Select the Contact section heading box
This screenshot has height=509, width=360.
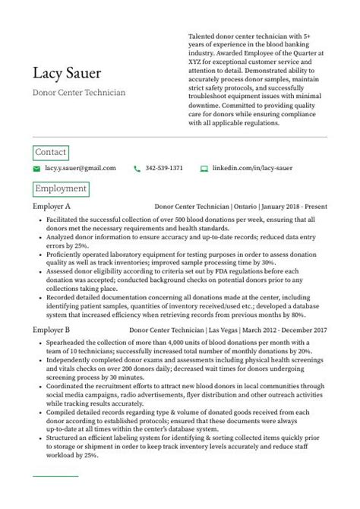tap(51, 152)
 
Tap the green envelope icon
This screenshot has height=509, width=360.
tap(36, 168)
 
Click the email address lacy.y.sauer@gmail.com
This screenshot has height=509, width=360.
tap(81, 168)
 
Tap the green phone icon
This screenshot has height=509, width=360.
tap(137, 168)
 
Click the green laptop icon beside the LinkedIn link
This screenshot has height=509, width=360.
tap(204, 168)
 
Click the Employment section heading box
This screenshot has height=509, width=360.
tap(61, 188)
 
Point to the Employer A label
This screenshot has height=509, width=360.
tap(52, 206)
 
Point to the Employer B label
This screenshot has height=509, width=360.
tap(52, 330)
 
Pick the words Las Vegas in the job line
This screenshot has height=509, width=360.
tap(220, 330)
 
